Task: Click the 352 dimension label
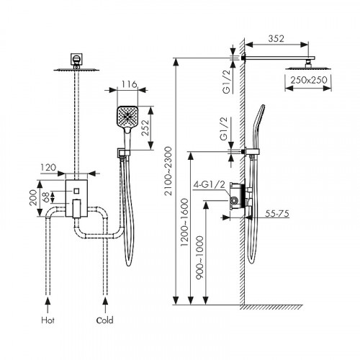[x=276, y=39]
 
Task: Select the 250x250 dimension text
[x=309, y=80]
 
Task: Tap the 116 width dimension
[x=129, y=84]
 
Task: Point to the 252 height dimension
[x=145, y=127]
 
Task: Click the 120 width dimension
[x=48, y=168]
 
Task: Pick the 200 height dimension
[x=33, y=198]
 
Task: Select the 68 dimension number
[x=46, y=197]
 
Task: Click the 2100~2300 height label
[x=168, y=171]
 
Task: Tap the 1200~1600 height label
[x=184, y=222]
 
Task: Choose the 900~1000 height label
[x=199, y=258]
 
